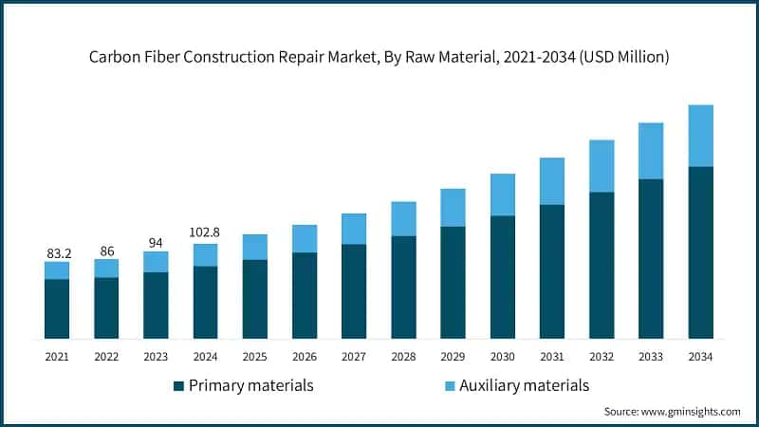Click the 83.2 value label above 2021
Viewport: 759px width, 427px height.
click(x=57, y=253)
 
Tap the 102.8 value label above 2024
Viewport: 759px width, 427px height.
click(x=205, y=233)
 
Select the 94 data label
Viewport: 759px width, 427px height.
click(x=156, y=242)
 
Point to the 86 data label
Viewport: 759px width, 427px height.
click(x=106, y=251)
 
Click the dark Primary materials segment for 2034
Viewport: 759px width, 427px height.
click(x=700, y=252)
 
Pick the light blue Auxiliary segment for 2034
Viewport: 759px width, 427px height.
click(x=700, y=136)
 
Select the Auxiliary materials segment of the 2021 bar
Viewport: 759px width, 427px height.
click(x=57, y=270)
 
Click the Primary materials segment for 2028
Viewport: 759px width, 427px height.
click(x=403, y=287)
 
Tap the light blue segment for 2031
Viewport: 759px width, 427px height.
click(x=552, y=181)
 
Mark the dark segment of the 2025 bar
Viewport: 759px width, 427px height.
click(x=254, y=299)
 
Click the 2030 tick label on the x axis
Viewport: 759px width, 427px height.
click(x=503, y=356)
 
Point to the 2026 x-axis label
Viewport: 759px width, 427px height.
click(x=305, y=356)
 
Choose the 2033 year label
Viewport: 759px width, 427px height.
click(x=651, y=356)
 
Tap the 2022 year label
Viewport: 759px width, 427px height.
click(x=106, y=356)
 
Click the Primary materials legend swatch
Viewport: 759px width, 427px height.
click(x=178, y=386)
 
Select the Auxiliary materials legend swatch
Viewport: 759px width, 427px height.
click(x=448, y=386)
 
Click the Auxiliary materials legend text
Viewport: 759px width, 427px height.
click(x=524, y=385)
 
